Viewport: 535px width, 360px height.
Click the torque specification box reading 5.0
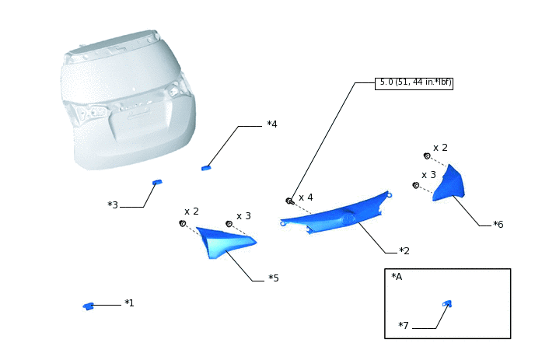pos(414,83)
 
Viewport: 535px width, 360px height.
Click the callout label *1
pos(129,303)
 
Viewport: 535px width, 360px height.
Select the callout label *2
pos(404,251)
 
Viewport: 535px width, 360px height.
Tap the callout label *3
pos(113,205)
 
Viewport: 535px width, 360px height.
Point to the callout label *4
pos(272,124)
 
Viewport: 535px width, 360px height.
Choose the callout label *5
pos(274,278)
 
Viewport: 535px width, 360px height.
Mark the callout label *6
pos(498,225)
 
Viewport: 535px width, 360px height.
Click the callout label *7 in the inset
pos(404,326)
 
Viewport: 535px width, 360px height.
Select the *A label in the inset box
pos(397,277)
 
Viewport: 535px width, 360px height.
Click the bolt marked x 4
pos(290,201)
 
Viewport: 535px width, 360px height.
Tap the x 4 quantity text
pos(306,197)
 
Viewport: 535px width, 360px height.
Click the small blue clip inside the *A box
pos(447,303)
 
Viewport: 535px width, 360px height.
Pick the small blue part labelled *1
pos(89,306)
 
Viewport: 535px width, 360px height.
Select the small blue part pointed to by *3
pos(157,182)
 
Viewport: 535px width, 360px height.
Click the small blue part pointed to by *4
pos(206,168)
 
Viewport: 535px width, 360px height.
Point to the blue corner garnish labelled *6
pos(449,184)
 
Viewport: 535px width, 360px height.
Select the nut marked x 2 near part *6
pos(427,156)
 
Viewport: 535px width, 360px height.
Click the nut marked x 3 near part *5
pos(229,224)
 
